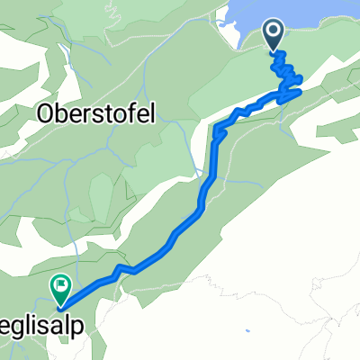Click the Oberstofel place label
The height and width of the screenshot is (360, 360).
pyautogui.click(x=98, y=114)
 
